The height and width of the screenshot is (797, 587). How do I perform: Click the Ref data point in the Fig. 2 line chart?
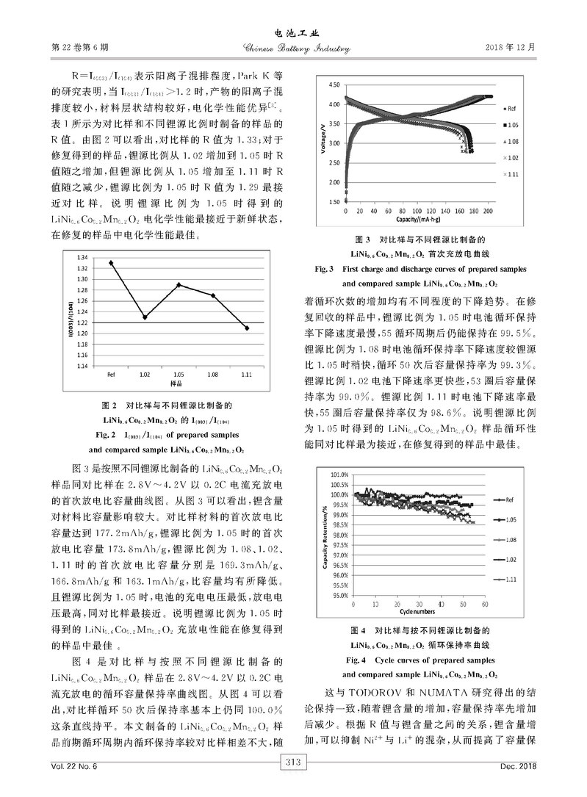coord(111,262)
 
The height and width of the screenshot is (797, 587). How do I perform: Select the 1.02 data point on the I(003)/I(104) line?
coord(145,317)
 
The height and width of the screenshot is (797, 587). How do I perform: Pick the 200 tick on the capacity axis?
coord(489,211)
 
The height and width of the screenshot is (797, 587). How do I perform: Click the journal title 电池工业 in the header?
coord(293,33)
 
